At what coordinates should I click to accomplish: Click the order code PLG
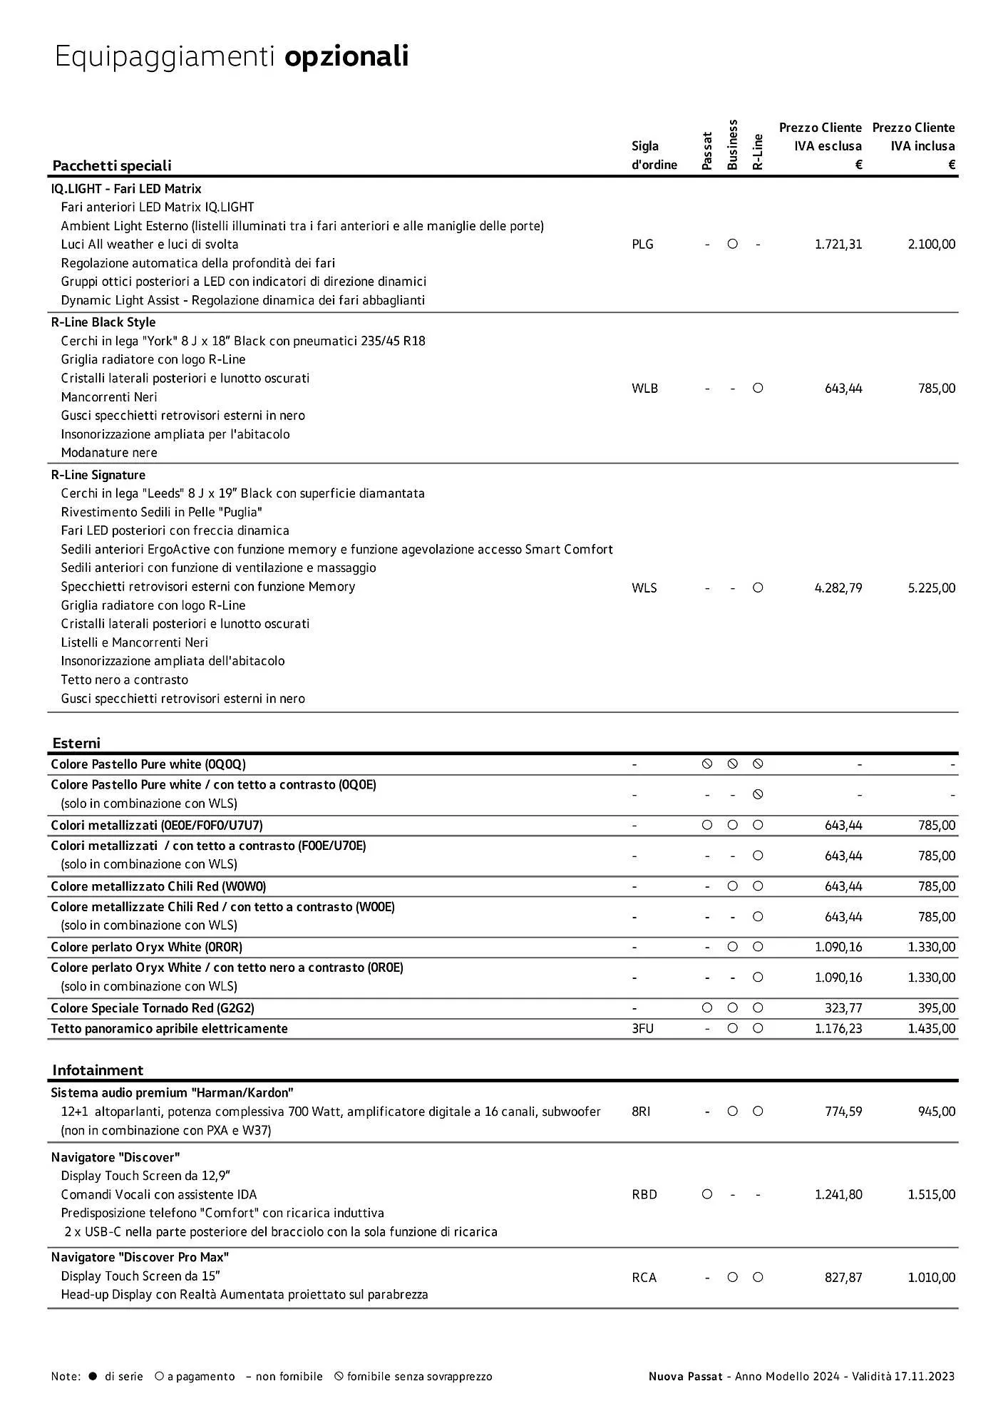[642, 245]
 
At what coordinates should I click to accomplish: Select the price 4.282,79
[838, 588]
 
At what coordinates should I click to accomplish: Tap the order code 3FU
[642, 1029]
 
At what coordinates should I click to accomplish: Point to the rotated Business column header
[732, 145]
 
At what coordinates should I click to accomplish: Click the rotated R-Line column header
[758, 152]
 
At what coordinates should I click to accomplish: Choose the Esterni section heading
[76, 743]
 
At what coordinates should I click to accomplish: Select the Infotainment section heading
[98, 1070]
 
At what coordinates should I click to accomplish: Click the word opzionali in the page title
[346, 56]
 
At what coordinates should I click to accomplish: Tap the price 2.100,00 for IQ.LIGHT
[932, 245]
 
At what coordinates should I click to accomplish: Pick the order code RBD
[644, 1194]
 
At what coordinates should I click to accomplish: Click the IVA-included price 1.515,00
[932, 1194]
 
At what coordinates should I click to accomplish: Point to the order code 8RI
[641, 1112]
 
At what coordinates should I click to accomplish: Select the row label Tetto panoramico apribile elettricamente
[170, 1029]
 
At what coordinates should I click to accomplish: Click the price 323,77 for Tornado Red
[843, 1008]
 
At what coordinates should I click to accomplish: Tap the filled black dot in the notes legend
[93, 1377]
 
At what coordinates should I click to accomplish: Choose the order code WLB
[644, 389]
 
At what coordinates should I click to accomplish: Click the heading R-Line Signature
[98, 475]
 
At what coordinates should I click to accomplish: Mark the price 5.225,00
[932, 588]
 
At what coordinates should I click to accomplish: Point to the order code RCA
[644, 1278]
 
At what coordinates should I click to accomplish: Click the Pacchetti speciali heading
[112, 165]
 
